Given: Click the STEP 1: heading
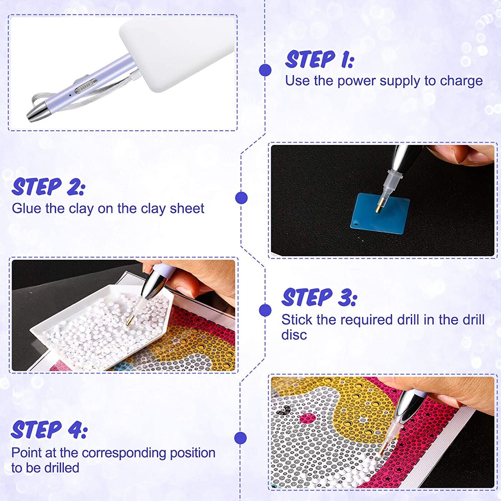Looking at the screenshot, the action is [x=319, y=59].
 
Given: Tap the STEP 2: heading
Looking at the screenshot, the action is [x=48, y=187].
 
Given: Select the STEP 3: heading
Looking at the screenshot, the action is [x=319, y=297].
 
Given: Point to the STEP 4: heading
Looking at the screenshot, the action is [x=49, y=430].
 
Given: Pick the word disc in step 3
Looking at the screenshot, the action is [x=294, y=335].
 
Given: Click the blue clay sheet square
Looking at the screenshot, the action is [x=380, y=213].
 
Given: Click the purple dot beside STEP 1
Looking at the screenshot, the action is [x=265, y=70].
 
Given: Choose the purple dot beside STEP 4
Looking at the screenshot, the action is [x=240, y=438].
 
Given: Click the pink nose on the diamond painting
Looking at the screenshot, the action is [x=307, y=418].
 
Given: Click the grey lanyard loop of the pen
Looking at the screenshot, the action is [x=78, y=94].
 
